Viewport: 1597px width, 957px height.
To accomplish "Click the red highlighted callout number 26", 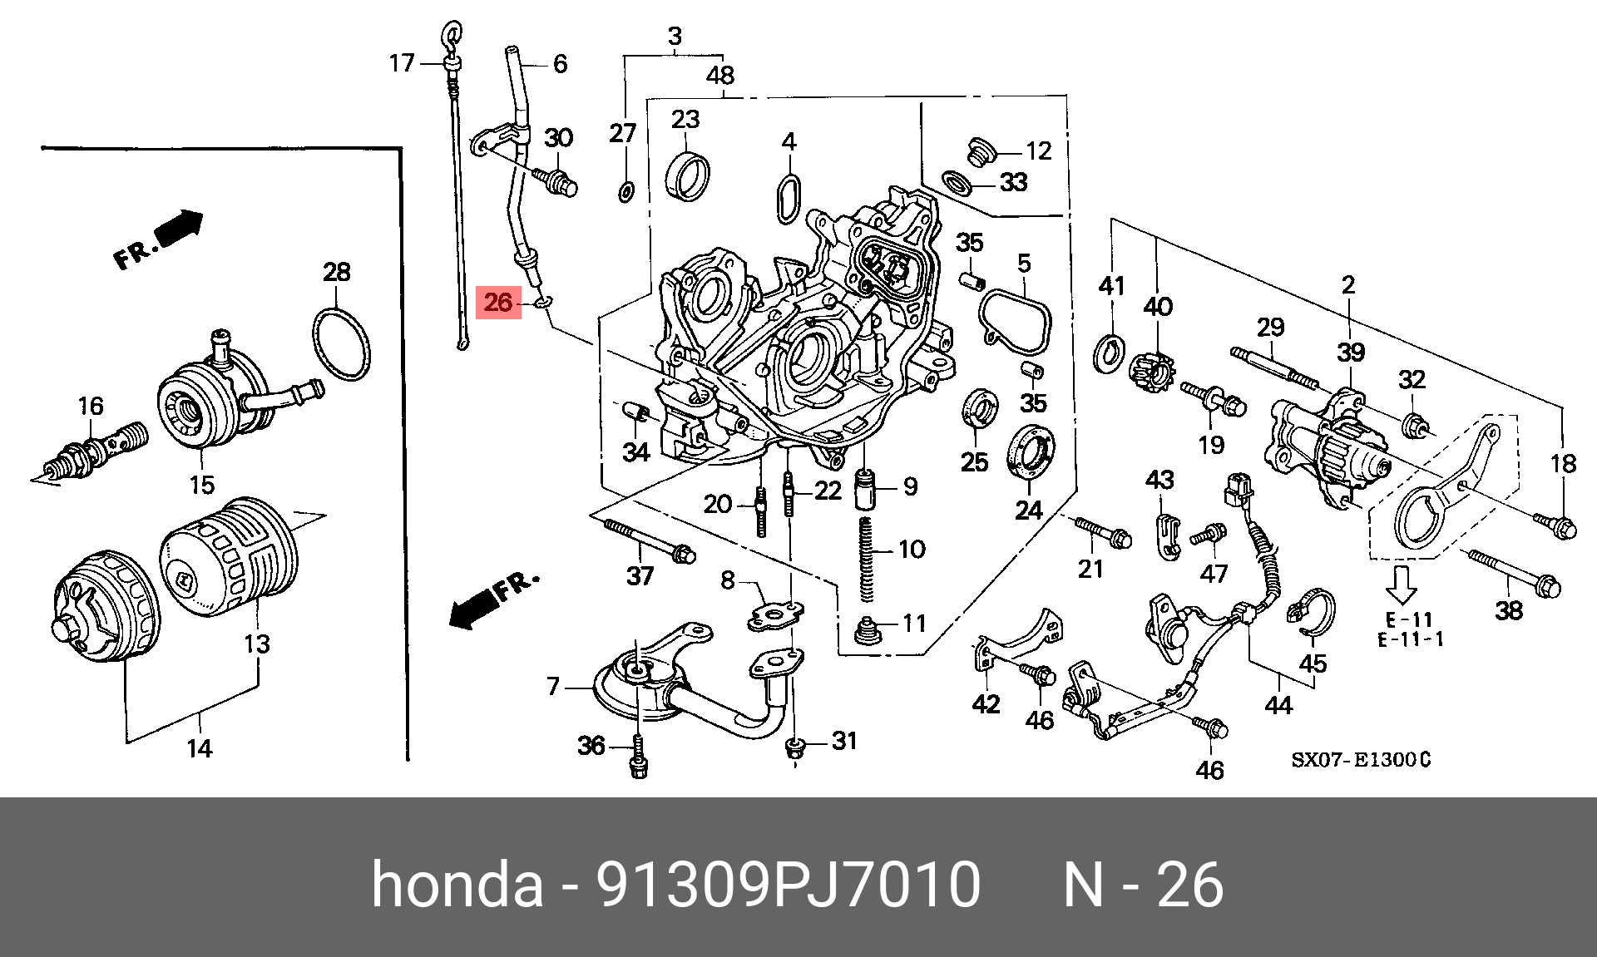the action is pyautogui.click(x=497, y=303).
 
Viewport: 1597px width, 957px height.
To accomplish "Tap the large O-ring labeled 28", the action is pyautogui.click(x=340, y=343).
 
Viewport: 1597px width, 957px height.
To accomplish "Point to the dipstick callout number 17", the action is pyautogui.click(x=402, y=63).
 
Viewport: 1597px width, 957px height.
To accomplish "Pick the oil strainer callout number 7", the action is pyautogui.click(x=553, y=688).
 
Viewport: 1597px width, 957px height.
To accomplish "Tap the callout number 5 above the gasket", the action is pyautogui.click(x=1023, y=264).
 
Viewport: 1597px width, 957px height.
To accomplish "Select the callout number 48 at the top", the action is pyautogui.click(x=720, y=76).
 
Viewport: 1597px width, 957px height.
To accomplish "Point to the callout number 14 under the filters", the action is pyautogui.click(x=200, y=747).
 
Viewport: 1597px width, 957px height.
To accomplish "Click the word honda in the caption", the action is pyautogui.click(x=457, y=885).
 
